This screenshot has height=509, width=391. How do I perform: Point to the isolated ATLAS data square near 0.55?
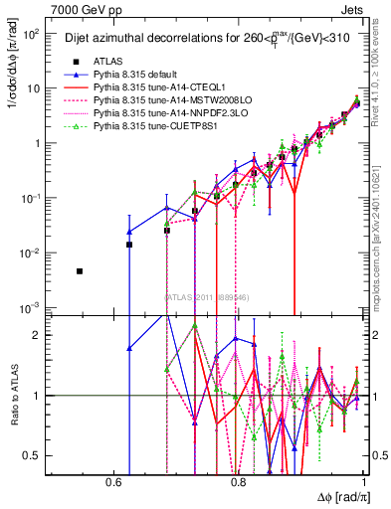[80, 271]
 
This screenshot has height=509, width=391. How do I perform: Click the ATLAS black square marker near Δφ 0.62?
[128, 245]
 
